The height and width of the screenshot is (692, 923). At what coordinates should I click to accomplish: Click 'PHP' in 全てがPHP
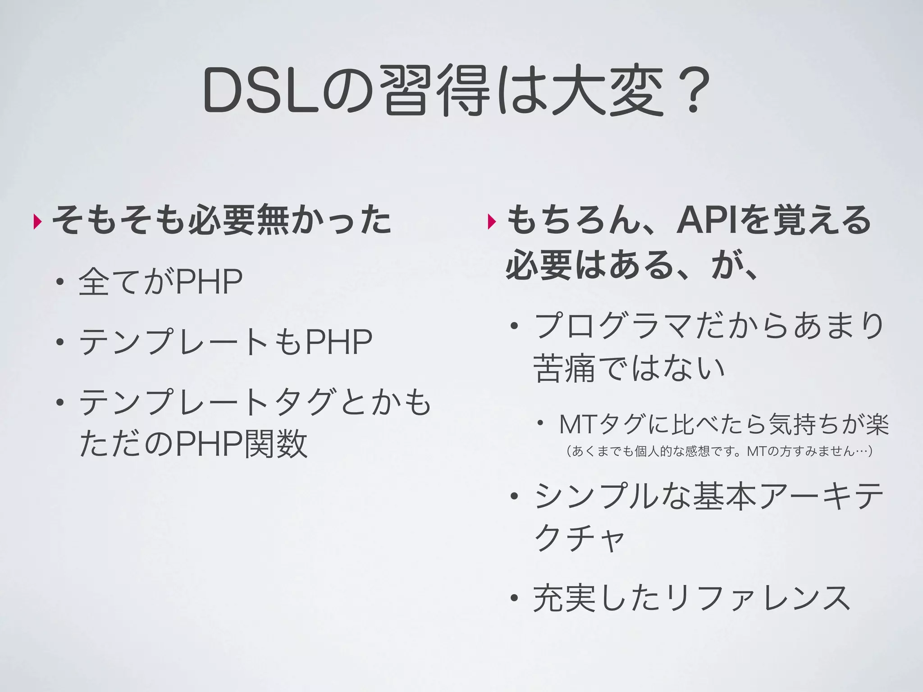(x=208, y=282)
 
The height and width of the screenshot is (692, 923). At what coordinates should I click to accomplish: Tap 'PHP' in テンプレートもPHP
(x=338, y=342)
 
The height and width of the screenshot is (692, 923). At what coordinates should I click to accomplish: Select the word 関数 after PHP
(x=276, y=443)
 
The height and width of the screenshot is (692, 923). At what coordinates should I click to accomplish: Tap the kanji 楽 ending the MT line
(x=877, y=424)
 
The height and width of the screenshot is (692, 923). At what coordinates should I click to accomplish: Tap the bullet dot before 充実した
(x=514, y=599)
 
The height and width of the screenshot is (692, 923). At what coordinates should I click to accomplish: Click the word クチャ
(x=579, y=538)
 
